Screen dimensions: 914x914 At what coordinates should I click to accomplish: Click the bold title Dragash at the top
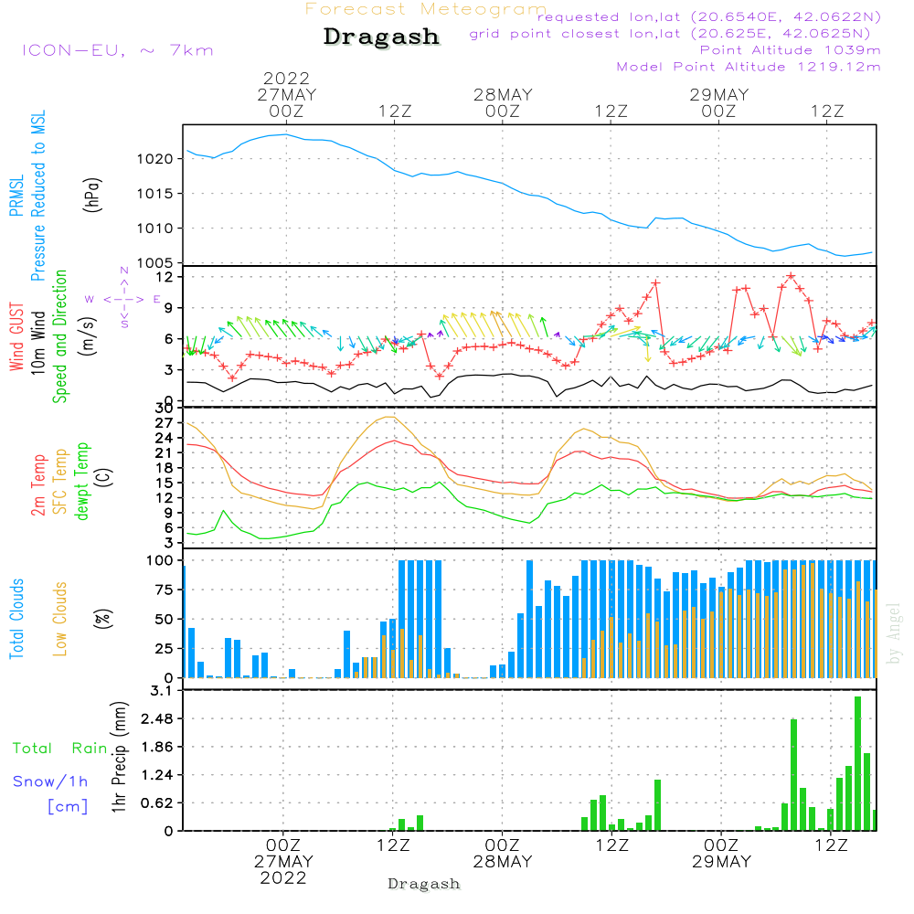[381, 37]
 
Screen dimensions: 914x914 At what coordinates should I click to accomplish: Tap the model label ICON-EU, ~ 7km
[117, 50]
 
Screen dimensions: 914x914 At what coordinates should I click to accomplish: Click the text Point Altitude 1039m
[790, 50]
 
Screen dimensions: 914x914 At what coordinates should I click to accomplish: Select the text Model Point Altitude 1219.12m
[749, 67]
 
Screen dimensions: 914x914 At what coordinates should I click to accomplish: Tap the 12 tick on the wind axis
[165, 276]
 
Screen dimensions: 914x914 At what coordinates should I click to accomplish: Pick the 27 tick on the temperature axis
[165, 423]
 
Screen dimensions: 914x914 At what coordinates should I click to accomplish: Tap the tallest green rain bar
[857, 763]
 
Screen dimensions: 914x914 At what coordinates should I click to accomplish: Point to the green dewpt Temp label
[82, 482]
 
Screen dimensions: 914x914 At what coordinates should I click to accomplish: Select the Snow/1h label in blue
[50, 781]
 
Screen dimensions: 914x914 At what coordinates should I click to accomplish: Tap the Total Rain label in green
[59, 749]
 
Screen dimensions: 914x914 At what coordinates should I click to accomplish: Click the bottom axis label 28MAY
[503, 862]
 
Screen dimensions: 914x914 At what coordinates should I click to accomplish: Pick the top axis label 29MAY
[719, 95]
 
